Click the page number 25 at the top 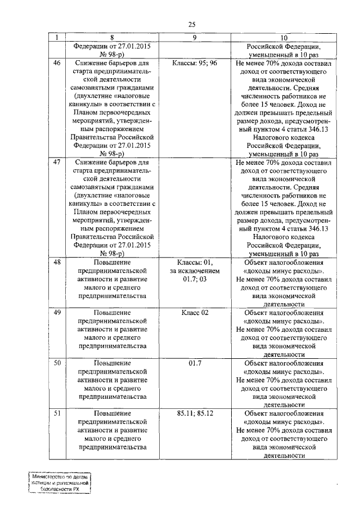click(192, 24)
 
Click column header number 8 click(111, 37)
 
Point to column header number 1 click(56, 37)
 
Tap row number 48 click(56, 263)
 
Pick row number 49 click(56, 312)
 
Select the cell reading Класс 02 click(195, 312)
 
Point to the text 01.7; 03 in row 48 click(195, 279)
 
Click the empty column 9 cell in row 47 click(195, 208)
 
